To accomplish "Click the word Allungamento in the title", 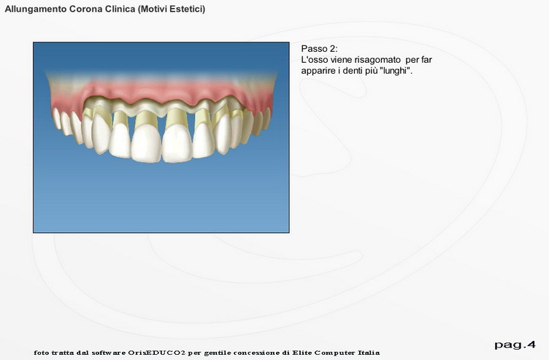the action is coord(36,9).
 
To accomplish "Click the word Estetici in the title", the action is coord(188,9).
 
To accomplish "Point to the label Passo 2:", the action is coord(319,49).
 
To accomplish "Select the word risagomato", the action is coord(377,60).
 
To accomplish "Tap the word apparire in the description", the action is coord(317,71).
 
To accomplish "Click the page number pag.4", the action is coord(515,345).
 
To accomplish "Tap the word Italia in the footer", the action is coord(369,353).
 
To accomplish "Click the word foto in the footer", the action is coord(41,353).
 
